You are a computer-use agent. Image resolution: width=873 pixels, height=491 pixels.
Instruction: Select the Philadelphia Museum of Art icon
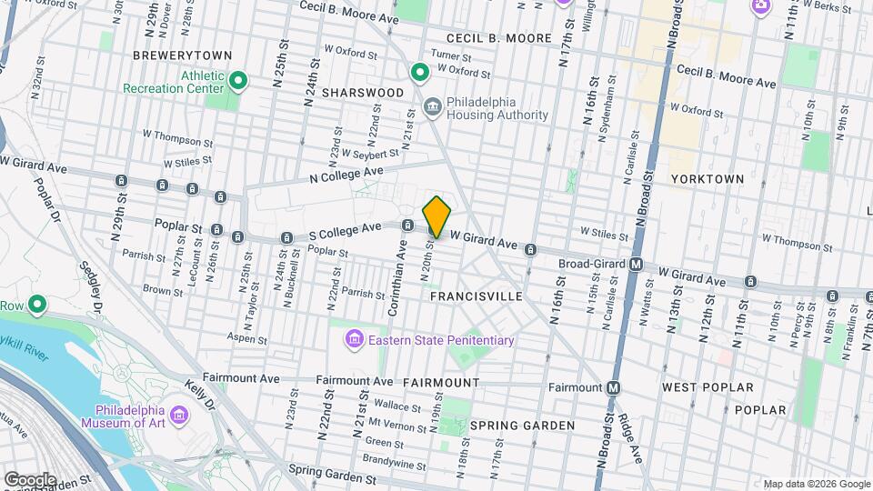pos(179,416)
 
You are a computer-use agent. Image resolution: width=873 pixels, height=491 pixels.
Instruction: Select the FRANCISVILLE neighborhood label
pos(476,296)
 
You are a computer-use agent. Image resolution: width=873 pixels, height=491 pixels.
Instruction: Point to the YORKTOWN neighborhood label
pos(707,179)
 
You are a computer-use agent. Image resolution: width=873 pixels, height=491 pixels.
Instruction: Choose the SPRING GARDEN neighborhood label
pos(522,426)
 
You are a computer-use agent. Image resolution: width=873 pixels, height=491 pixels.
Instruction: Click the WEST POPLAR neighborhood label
pos(707,387)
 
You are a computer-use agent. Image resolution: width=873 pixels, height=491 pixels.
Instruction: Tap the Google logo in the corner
pos(29,479)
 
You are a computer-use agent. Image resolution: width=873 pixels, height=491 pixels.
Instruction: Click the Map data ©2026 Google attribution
pos(816,484)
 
